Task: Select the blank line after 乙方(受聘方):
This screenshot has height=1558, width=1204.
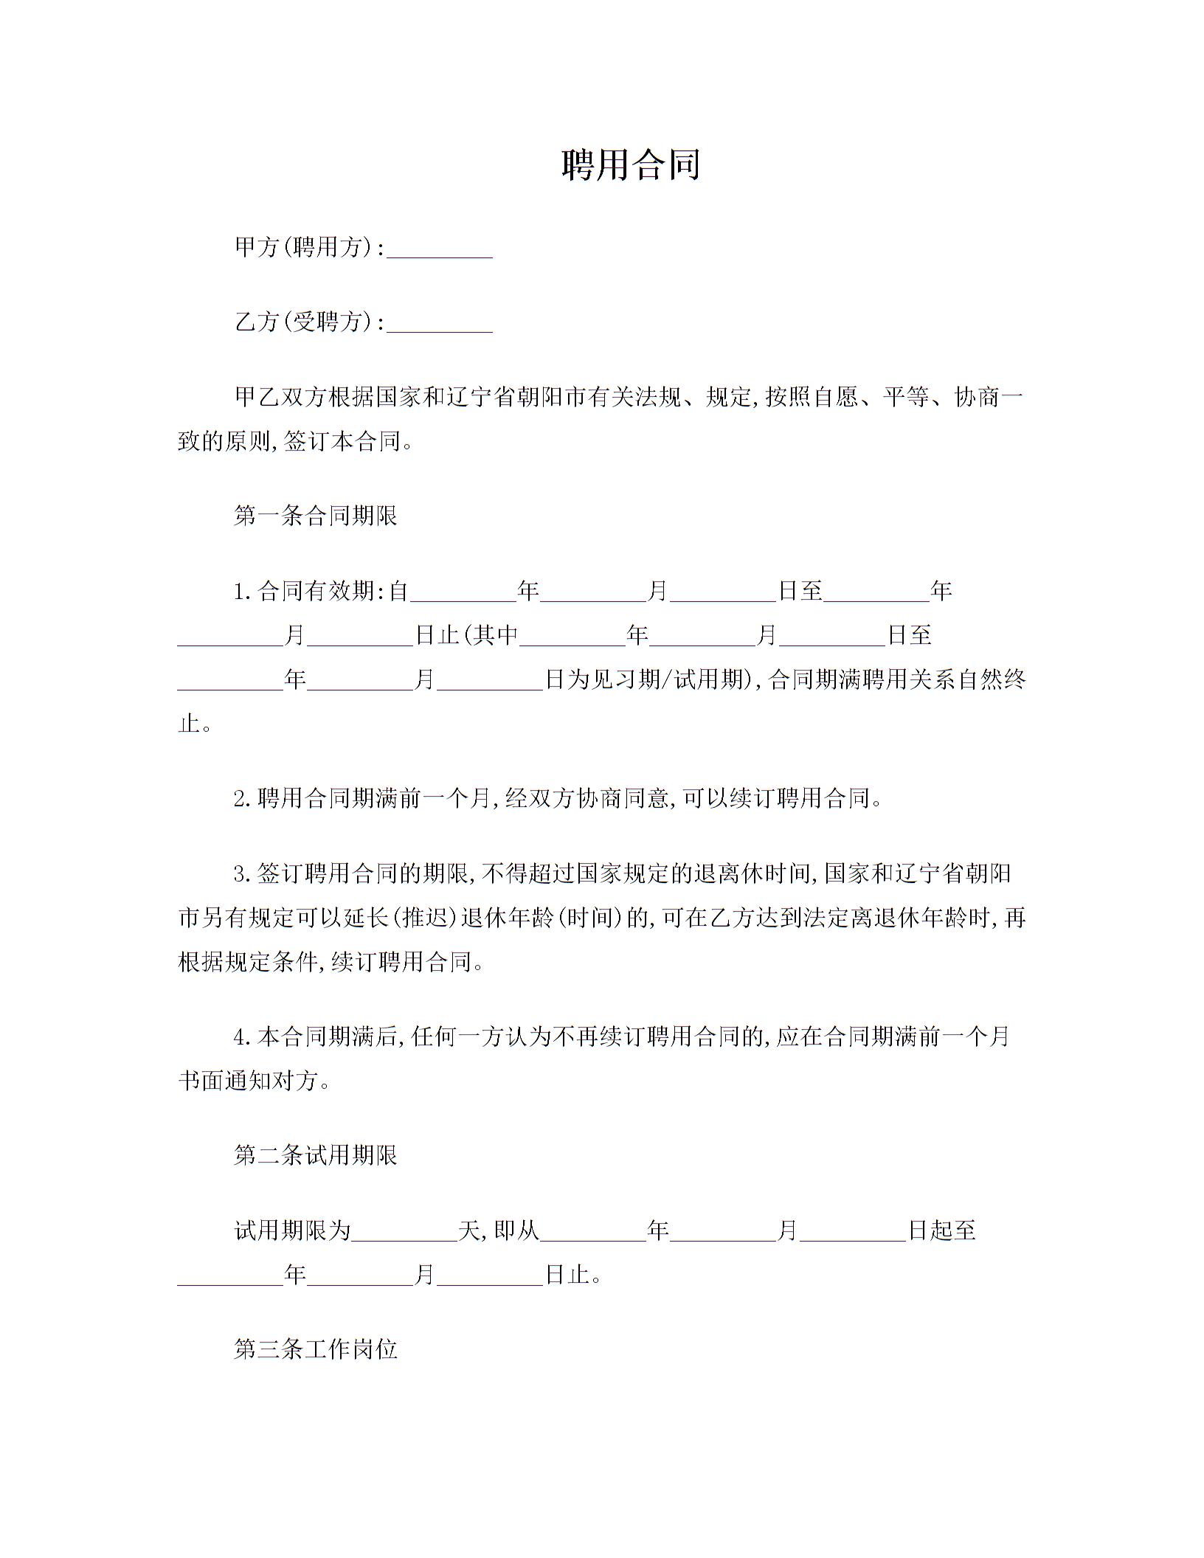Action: [440, 324]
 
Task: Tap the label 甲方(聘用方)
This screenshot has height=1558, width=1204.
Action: [304, 247]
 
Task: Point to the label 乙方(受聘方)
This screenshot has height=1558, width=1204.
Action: [304, 322]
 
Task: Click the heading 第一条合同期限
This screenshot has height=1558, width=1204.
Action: [316, 516]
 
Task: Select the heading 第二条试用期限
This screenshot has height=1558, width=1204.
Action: [316, 1155]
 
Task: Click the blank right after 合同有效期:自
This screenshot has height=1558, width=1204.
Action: [463, 593]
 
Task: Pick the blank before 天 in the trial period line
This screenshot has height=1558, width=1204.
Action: [404, 1233]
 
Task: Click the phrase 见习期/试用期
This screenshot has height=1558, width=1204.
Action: [661, 679]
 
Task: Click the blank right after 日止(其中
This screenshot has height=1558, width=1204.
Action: [572, 637]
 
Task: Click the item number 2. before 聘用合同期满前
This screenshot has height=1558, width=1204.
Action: [243, 799]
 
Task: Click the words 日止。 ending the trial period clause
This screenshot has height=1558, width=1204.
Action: [573, 1275]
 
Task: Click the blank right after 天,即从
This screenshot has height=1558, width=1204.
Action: [593, 1233]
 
